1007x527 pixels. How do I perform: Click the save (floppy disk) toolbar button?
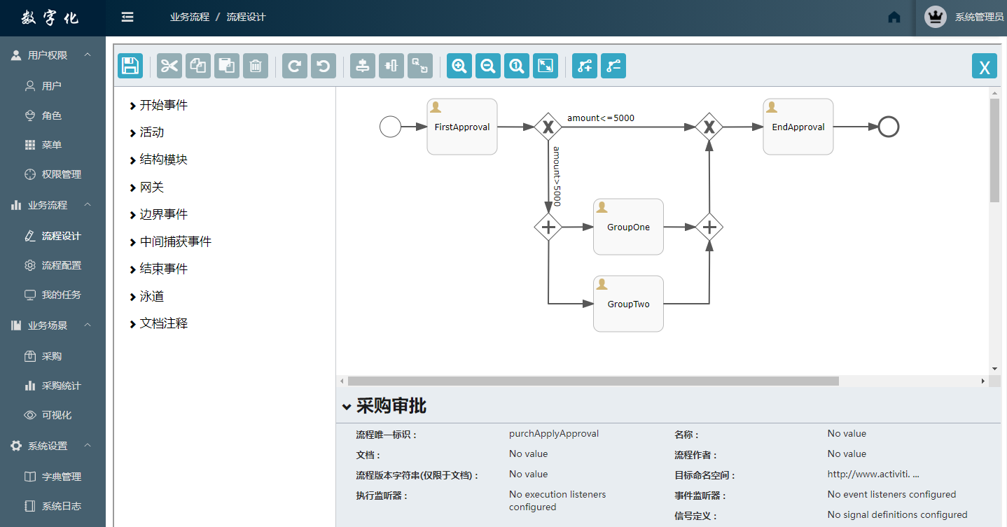[x=130, y=66]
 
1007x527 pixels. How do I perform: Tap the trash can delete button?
[x=256, y=66]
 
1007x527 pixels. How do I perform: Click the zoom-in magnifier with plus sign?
[x=459, y=66]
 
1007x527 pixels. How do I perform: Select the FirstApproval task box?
[x=462, y=127]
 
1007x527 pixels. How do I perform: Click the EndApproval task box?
[x=798, y=127]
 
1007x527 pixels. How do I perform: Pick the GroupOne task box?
[x=628, y=227]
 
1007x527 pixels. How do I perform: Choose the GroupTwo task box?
[x=628, y=304]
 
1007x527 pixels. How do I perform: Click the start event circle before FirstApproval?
[x=390, y=127]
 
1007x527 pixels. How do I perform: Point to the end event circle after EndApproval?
[x=889, y=127]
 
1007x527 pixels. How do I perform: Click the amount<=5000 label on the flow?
[x=601, y=118]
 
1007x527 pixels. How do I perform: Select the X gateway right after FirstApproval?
[x=548, y=127]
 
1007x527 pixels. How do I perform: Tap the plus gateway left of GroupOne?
[x=548, y=227]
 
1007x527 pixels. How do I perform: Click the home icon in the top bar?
[x=894, y=17]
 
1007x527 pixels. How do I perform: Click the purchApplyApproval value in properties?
[x=554, y=433]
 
